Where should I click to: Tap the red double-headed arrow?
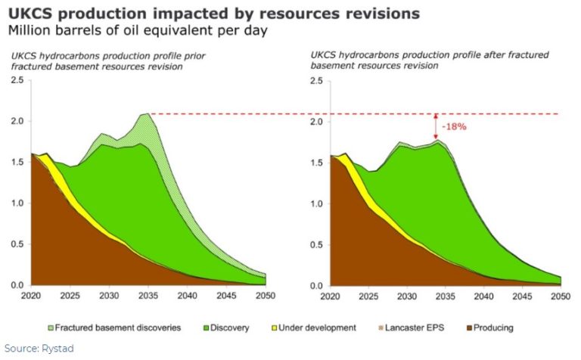(x=436, y=126)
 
